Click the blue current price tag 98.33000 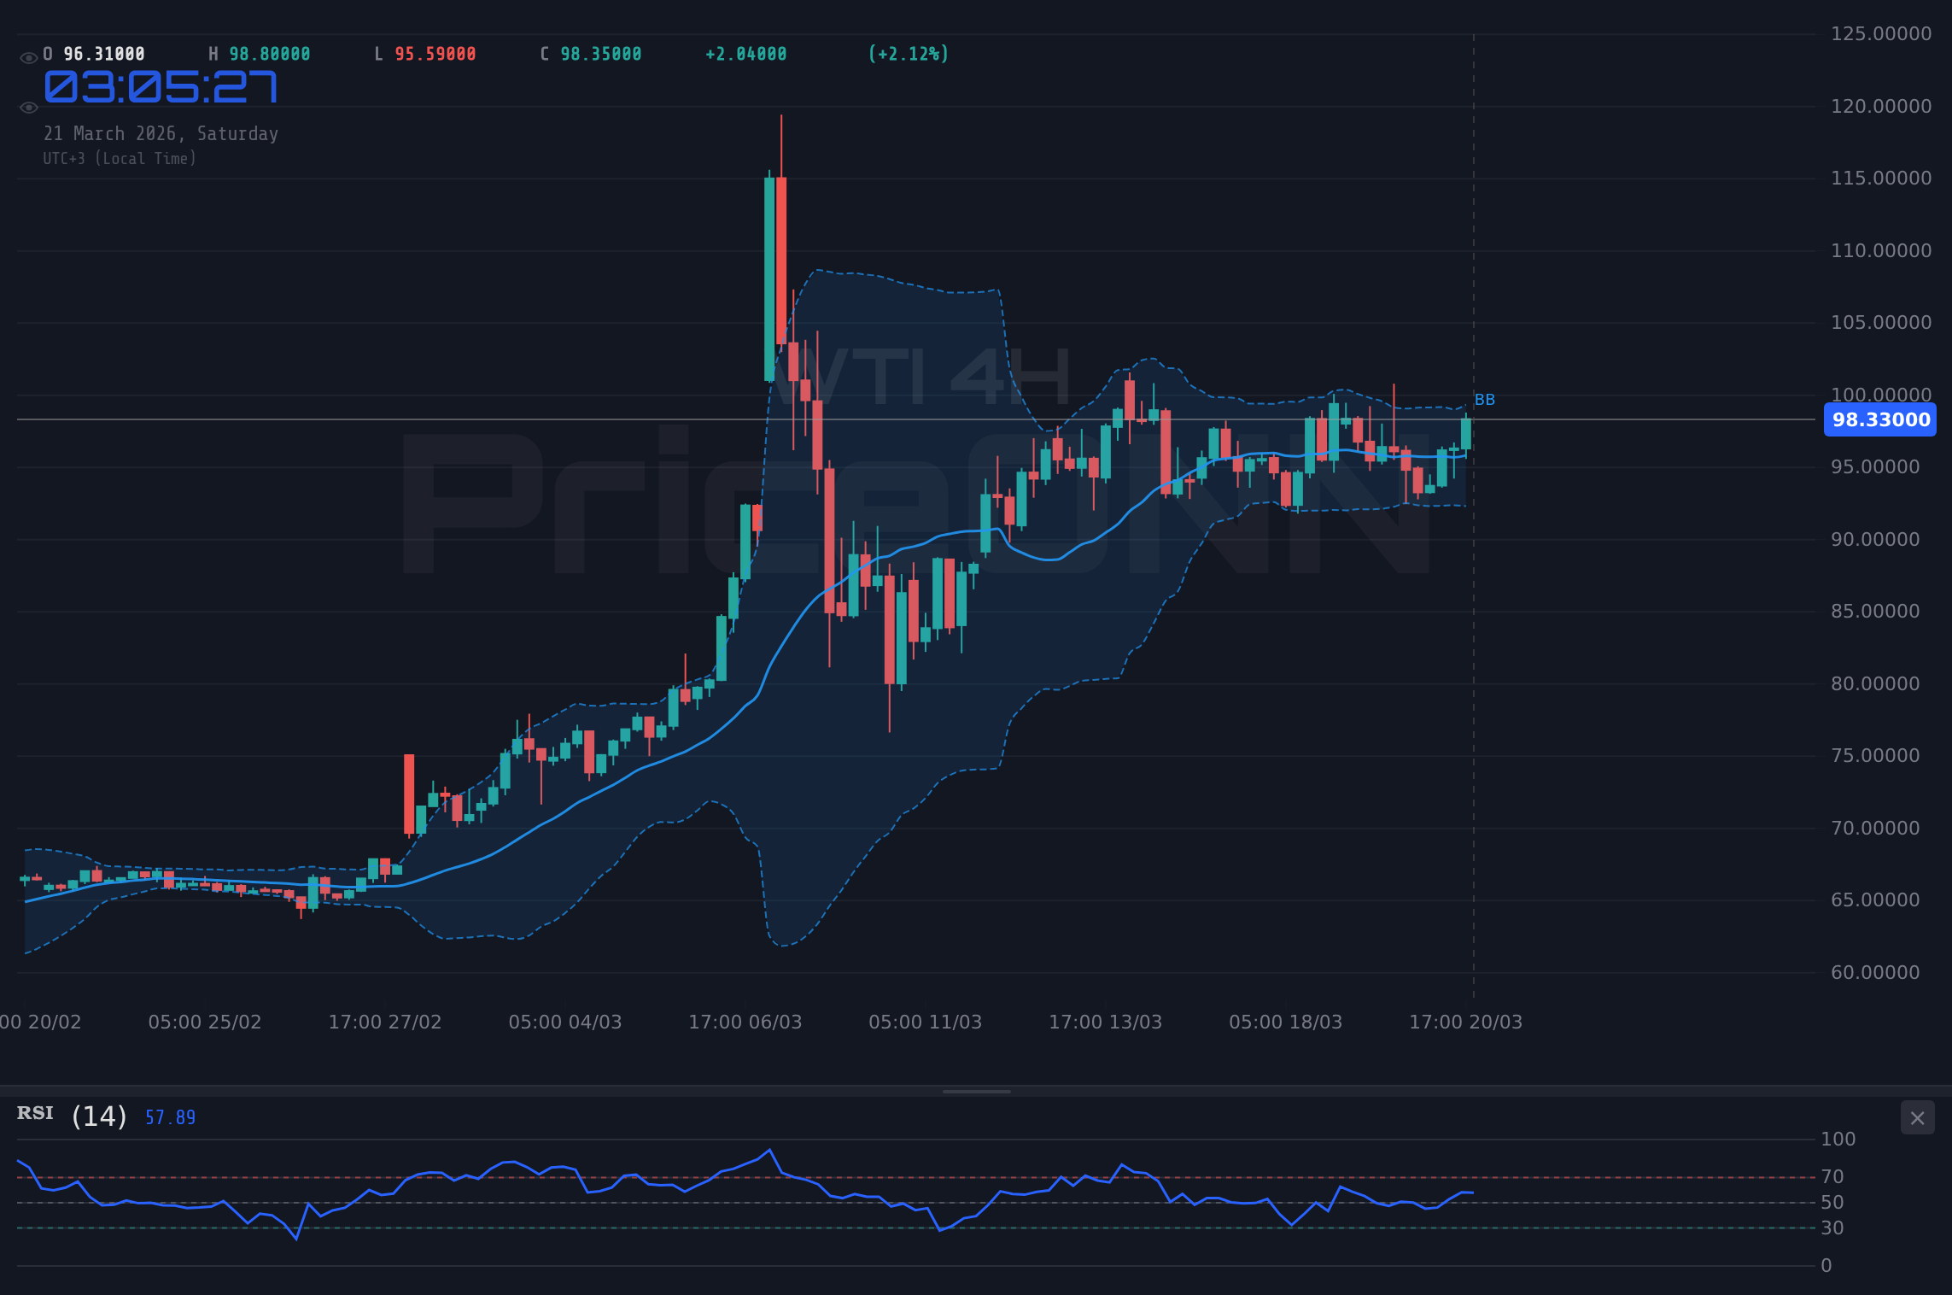(x=1880, y=420)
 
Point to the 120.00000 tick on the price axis (x=1880, y=106)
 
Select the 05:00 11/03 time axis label (x=925, y=1022)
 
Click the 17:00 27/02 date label (x=385, y=1022)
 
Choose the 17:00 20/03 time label (x=1465, y=1022)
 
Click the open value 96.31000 (x=104, y=55)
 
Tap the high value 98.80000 (x=270, y=55)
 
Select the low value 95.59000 (x=435, y=55)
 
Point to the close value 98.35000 (x=601, y=55)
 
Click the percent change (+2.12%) (x=909, y=55)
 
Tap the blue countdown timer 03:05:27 (x=161, y=87)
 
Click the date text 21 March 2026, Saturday (x=161, y=134)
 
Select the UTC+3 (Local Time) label (x=120, y=159)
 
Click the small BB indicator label (x=1485, y=400)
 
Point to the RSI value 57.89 (x=171, y=1117)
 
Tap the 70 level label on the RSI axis (x=1832, y=1177)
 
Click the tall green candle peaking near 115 (x=769, y=278)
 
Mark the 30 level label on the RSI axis (x=1832, y=1228)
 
